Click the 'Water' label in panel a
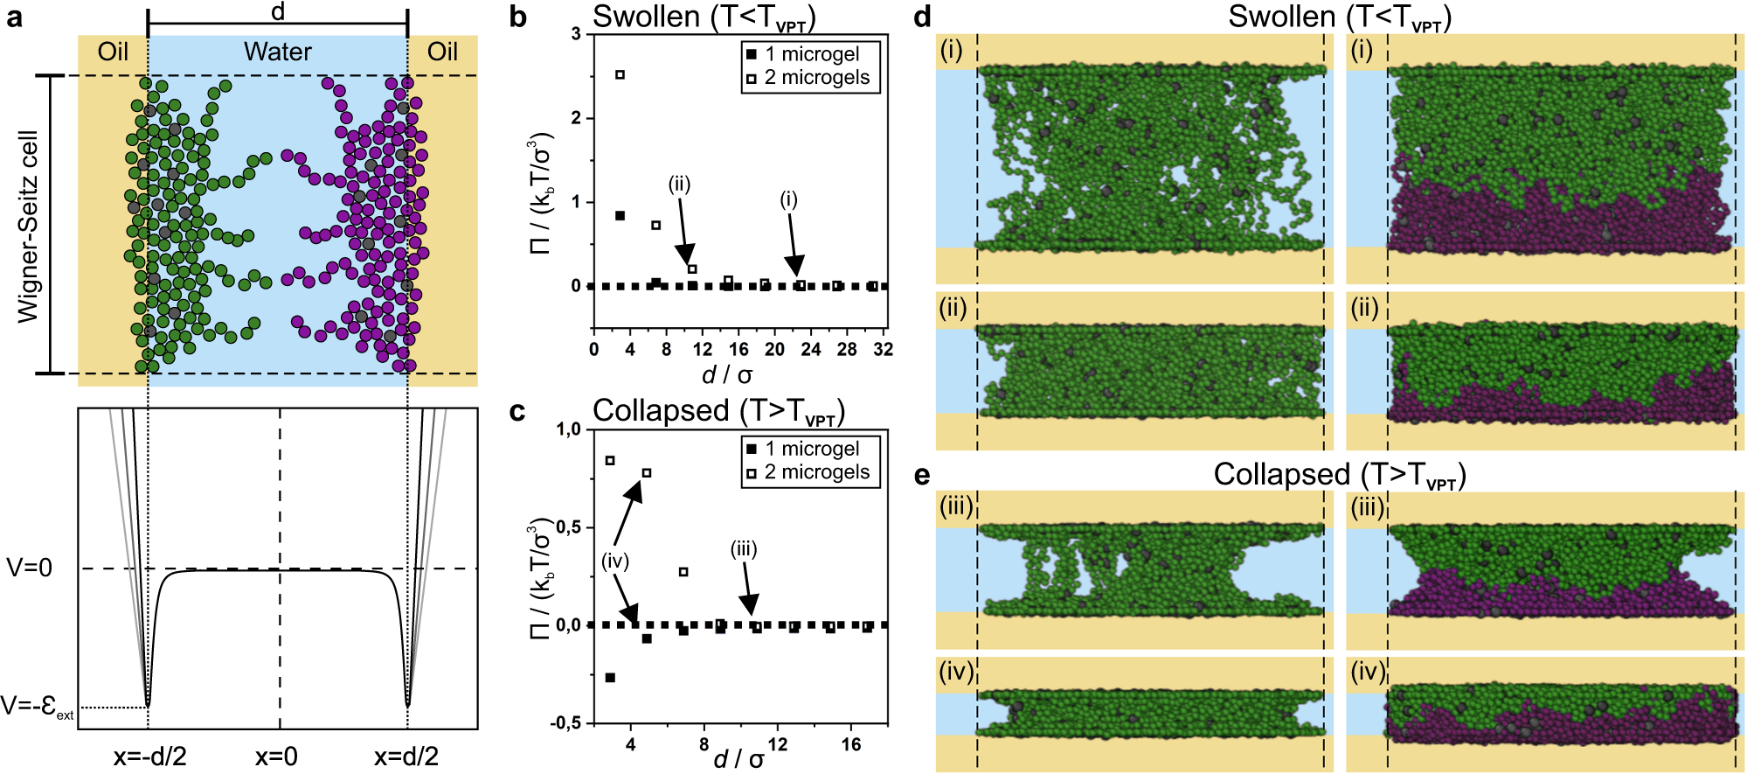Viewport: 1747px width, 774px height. click(277, 52)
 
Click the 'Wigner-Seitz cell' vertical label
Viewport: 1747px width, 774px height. click(29, 226)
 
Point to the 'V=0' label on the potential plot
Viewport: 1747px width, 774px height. click(30, 568)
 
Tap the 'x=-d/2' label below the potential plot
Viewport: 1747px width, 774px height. click(149, 757)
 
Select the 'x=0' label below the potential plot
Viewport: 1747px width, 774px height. click(276, 757)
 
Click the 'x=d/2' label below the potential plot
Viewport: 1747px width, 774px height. click(406, 757)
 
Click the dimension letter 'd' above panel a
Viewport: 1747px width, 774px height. click(278, 11)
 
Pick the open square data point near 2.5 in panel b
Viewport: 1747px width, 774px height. click(620, 75)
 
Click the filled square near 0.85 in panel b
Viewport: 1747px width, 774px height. click(620, 215)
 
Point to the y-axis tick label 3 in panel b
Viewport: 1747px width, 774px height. click(576, 34)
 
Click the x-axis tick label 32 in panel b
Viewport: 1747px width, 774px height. click(883, 350)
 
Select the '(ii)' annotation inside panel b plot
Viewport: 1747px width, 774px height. click(679, 185)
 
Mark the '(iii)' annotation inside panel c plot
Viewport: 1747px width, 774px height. click(744, 549)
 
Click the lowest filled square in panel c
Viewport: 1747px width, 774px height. click(610, 678)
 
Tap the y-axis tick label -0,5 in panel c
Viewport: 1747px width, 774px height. click(565, 723)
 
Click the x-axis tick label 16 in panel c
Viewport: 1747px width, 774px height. click(851, 744)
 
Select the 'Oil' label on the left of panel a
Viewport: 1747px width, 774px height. click(113, 52)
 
